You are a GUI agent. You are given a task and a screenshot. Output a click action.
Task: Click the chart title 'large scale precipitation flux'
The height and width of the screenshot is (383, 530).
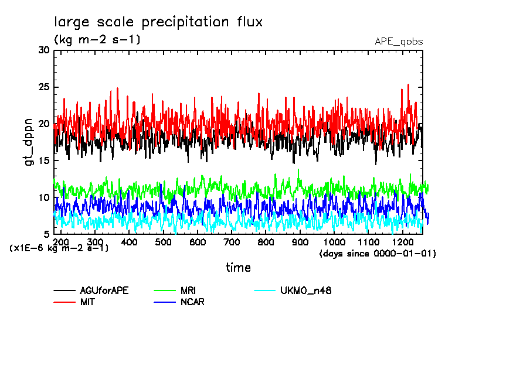(x=158, y=22)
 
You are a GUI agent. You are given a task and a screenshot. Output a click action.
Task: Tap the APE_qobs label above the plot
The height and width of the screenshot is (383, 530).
(x=399, y=42)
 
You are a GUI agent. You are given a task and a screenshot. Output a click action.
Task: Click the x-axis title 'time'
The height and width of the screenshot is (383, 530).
(x=238, y=268)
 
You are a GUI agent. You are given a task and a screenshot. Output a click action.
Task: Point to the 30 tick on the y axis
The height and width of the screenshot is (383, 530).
(x=44, y=50)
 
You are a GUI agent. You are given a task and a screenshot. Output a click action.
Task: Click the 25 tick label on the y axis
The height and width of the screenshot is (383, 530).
(x=44, y=87)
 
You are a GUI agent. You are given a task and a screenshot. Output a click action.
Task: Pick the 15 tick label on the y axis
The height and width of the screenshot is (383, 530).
(x=44, y=161)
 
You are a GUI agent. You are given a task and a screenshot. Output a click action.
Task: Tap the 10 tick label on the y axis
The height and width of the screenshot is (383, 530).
(x=44, y=198)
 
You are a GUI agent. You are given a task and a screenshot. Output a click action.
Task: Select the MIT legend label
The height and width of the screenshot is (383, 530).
(x=87, y=302)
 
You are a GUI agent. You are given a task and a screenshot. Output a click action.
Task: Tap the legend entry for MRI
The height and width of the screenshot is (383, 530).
(x=188, y=290)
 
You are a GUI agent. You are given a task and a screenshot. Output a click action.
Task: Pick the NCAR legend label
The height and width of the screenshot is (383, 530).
(x=192, y=302)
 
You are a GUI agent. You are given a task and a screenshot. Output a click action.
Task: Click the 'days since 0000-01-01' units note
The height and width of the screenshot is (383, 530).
(x=378, y=253)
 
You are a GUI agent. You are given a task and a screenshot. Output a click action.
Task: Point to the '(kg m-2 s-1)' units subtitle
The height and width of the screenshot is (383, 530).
(x=97, y=40)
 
